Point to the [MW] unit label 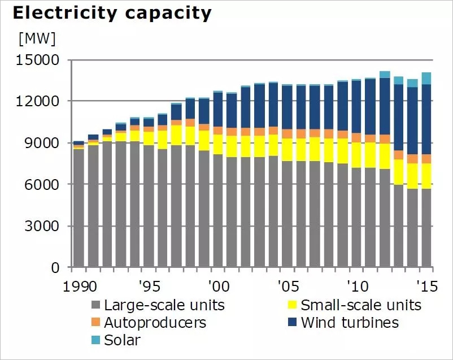tap(37, 39)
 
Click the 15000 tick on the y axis tap(40, 60)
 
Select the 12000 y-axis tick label tap(40, 102)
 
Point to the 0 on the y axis tap(55, 268)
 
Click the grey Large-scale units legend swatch tap(95, 306)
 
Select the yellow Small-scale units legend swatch tap(292, 306)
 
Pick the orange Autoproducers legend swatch tap(95, 323)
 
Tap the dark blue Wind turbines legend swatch tap(292, 323)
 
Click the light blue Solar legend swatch tap(95, 340)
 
